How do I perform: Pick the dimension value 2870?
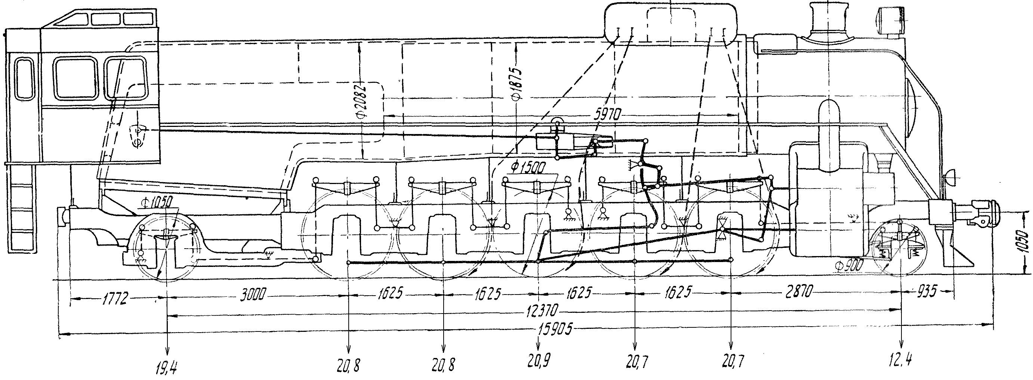click(x=796, y=293)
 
